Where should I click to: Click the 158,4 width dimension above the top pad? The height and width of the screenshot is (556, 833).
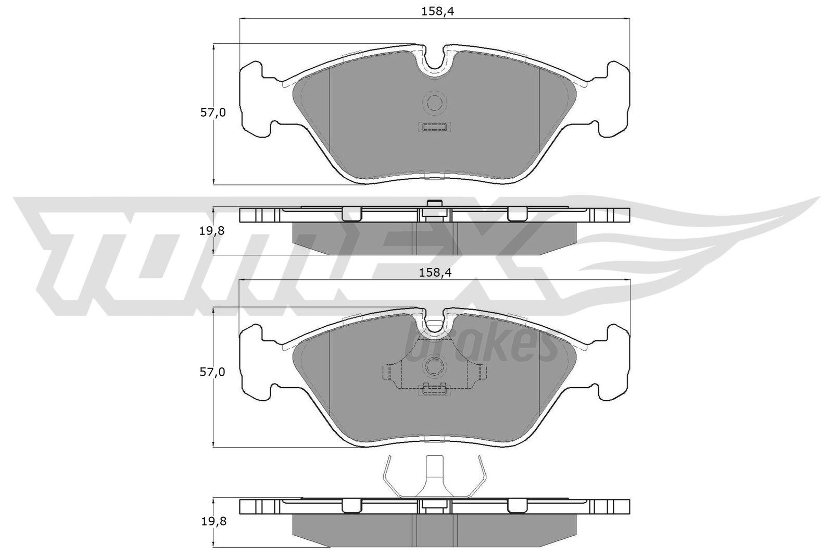[437, 11]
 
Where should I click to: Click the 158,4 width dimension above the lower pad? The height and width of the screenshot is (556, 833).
[435, 273]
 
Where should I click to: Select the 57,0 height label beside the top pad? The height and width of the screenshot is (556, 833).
[213, 113]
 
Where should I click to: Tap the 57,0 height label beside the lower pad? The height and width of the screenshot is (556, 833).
[212, 372]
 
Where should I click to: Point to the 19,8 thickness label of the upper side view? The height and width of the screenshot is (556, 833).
[212, 231]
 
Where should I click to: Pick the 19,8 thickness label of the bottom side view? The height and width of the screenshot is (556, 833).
[214, 522]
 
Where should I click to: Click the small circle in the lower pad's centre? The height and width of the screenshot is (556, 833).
[434, 366]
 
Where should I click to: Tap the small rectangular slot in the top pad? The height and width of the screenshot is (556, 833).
[434, 127]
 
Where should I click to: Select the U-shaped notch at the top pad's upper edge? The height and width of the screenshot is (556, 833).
[434, 63]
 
